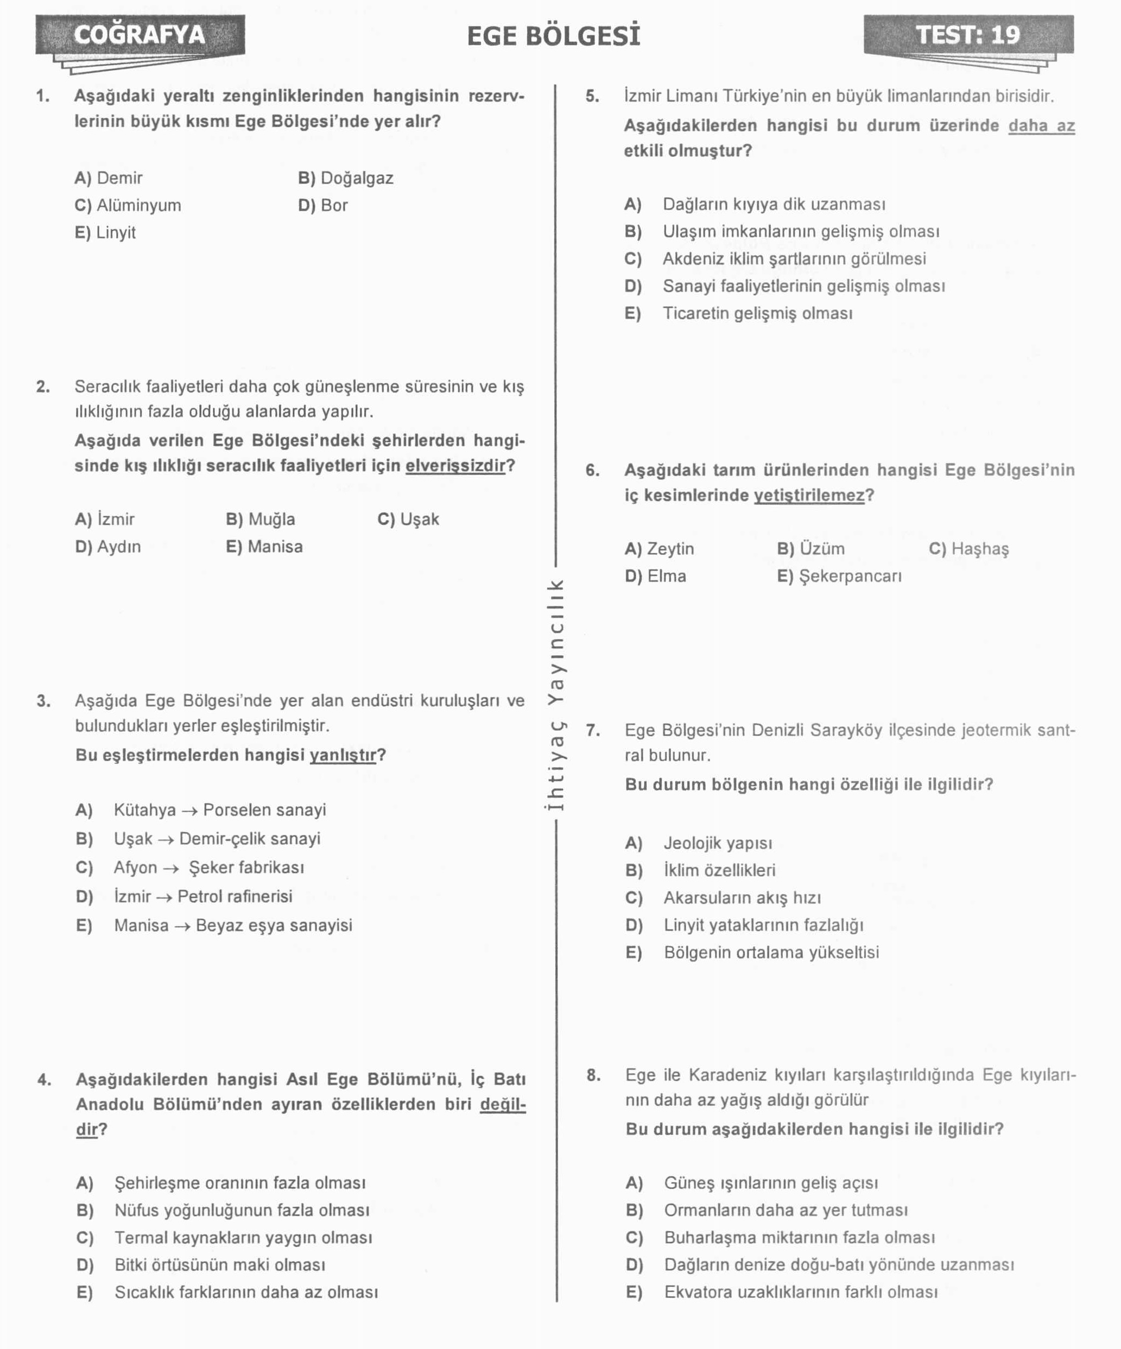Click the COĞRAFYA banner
(140, 35)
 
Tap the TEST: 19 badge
(967, 35)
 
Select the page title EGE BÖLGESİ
(553, 36)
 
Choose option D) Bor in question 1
(323, 206)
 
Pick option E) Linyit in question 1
(105, 232)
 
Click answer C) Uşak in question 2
(409, 519)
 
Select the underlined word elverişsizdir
(455, 466)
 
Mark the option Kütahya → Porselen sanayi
(220, 810)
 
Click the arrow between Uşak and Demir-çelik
(166, 840)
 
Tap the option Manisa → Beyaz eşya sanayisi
(232, 926)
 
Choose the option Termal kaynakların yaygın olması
(243, 1238)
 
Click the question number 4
(43, 1079)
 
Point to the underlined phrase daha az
(1041, 126)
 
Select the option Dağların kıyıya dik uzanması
(774, 204)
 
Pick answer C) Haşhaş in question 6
(969, 549)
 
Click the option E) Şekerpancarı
(839, 576)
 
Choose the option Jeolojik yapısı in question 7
(718, 844)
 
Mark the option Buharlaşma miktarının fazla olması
(799, 1238)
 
